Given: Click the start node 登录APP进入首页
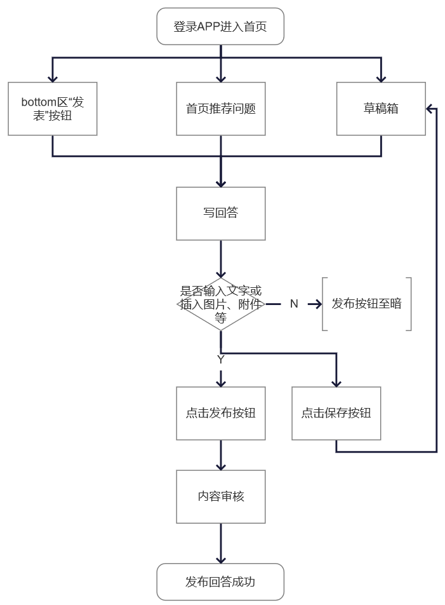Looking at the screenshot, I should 220,27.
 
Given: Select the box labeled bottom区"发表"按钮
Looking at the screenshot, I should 52,109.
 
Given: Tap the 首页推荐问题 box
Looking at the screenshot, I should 220,109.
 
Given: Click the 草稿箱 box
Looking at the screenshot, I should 381,109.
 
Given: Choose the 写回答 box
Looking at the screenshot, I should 220,214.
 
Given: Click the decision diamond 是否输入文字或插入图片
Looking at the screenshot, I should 220,304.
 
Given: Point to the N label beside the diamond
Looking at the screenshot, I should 294,304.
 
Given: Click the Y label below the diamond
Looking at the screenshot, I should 220,360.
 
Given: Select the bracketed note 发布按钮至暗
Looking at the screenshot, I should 366,304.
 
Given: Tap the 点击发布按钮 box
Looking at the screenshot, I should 220,413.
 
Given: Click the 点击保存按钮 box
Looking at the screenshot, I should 336,413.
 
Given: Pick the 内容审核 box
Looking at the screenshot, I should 220,496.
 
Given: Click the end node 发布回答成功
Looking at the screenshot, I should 220,581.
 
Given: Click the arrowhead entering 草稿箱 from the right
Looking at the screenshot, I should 430,109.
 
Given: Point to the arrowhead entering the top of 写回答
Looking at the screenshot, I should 220,182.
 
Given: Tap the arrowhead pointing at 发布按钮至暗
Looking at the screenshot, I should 317,304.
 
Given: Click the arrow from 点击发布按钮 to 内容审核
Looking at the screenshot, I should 220,454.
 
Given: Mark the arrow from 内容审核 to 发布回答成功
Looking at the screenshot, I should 220,543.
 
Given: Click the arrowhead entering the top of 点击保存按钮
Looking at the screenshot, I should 336,383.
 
